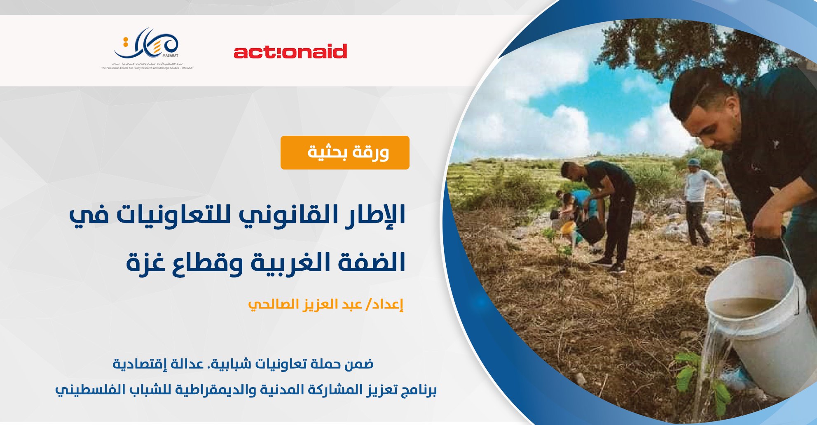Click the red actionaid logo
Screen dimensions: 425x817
point(290,52)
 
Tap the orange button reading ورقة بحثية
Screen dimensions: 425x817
point(345,153)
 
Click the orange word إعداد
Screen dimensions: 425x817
point(390,304)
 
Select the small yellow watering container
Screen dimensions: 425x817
point(568,227)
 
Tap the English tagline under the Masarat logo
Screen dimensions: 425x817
point(147,68)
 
